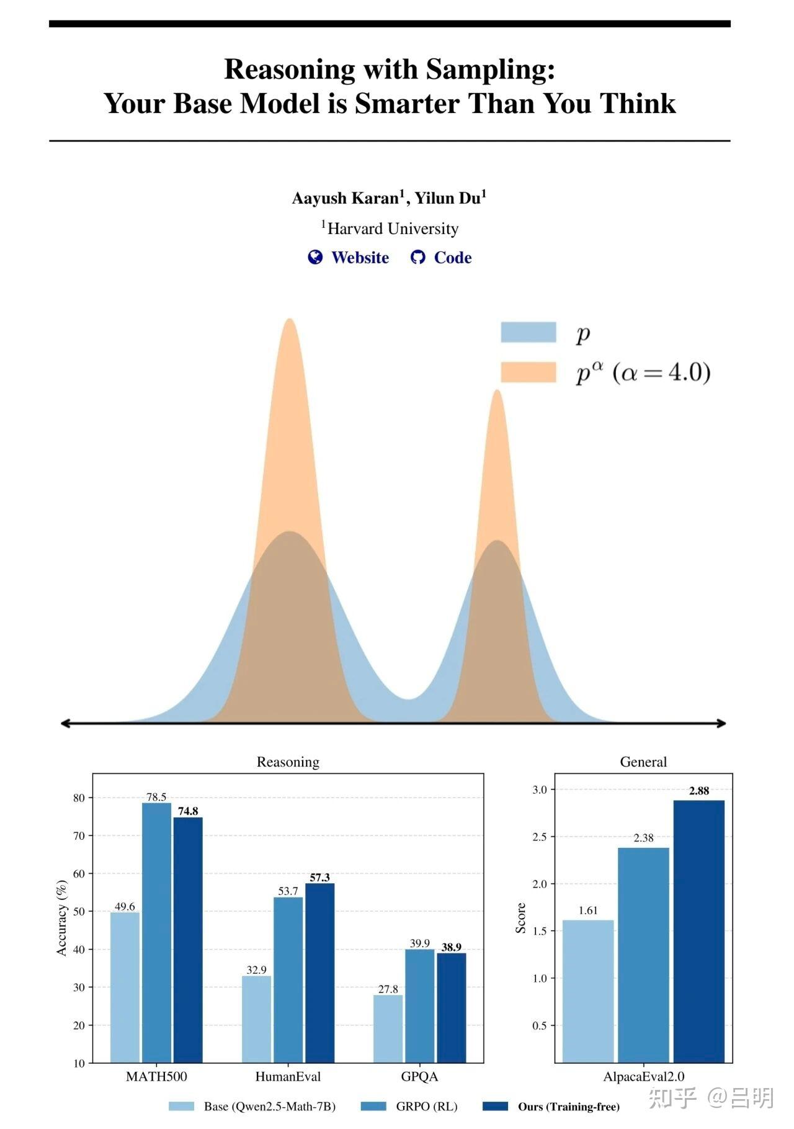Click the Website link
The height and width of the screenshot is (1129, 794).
(x=360, y=258)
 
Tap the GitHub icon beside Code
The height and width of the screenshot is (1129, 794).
(x=417, y=258)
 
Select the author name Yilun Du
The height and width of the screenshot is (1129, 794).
(x=448, y=199)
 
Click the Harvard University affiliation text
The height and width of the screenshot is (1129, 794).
(x=393, y=229)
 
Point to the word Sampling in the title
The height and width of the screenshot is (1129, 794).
(x=490, y=69)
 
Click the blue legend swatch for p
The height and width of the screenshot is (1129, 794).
(x=528, y=333)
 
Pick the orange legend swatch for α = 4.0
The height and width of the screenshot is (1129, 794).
(x=528, y=372)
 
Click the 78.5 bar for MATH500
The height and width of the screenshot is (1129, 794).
(x=156, y=931)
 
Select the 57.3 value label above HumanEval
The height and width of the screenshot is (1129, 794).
(x=319, y=877)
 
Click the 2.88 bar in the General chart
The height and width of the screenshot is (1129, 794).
(x=698, y=931)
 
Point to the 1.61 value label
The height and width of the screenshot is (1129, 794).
(x=587, y=911)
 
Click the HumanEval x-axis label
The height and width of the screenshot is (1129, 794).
(x=288, y=1076)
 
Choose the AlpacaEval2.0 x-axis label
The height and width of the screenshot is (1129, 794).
(x=643, y=1076)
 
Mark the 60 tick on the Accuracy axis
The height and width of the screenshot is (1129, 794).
(x=79, y=874)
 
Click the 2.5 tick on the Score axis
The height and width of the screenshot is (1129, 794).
(x=540, y=837)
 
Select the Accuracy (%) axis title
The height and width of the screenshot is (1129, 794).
(x=61, y=917)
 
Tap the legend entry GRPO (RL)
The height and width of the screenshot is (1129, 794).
(x=426, y=1106)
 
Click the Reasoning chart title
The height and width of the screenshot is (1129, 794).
(x=288, y=762)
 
